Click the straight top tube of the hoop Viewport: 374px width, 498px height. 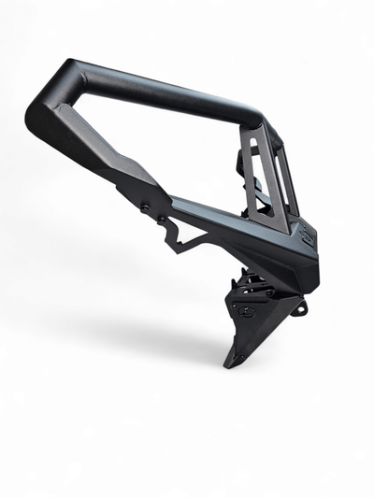click(159, 89)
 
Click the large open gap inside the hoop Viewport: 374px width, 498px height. click(159, 140)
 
